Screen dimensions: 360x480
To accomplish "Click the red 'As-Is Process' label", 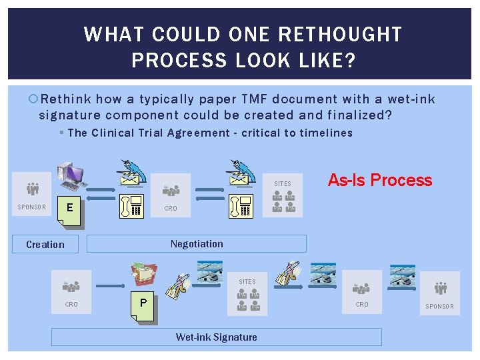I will coord(380,180).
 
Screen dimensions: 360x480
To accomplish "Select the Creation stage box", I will coord(45,245).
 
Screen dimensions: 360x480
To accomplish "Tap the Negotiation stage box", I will coord(197,243).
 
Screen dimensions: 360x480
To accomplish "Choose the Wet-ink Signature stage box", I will coord(216,337).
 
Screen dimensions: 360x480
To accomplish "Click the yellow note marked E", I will coord(70,207).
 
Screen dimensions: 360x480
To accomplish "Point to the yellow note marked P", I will coord(143,304).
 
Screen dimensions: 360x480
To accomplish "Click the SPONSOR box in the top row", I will coord(31,194).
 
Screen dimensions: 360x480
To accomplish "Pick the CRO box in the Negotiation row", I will coord(171,195).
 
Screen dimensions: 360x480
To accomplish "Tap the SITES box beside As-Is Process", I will coord(283,194).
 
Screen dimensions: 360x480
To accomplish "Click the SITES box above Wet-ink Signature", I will coord(247,293).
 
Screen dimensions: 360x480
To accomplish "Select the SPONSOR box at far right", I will coord(439,293).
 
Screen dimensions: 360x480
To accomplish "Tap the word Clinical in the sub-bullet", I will coord(113,133).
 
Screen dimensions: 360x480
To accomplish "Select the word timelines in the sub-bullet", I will coord(326,133).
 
